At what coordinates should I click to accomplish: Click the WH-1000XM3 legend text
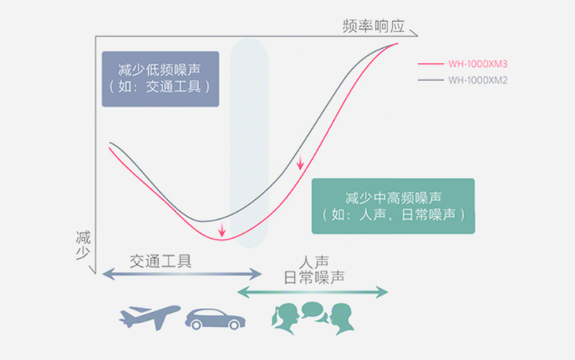coord(478,64)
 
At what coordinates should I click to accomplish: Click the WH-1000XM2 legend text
coord(478,80)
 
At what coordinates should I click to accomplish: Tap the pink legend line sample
coord(431,64)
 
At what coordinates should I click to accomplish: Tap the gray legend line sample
coord(431,80)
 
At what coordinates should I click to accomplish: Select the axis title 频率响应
coord(373,26)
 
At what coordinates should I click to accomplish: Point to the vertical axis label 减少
coord(83,246)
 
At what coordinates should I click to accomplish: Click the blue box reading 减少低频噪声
coord(160,79)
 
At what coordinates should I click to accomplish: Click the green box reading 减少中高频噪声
coord(393,206)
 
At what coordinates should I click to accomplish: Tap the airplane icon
coord(149,317)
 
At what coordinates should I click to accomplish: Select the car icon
coord(215,319)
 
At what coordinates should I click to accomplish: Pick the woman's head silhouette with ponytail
coord(285,318)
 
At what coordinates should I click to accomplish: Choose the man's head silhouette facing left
coord(342,319)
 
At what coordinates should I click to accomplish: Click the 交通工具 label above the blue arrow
coord(161,262)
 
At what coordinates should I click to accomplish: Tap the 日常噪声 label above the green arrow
coord(314,277)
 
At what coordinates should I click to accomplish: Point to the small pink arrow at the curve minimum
coord(222,229)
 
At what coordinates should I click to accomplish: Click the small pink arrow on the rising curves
coord(300,162)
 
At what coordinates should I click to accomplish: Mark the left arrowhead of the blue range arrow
coord(109,274)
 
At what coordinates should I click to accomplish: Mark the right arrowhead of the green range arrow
coord(382,292)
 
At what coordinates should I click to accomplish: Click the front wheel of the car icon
coord(196,325)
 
